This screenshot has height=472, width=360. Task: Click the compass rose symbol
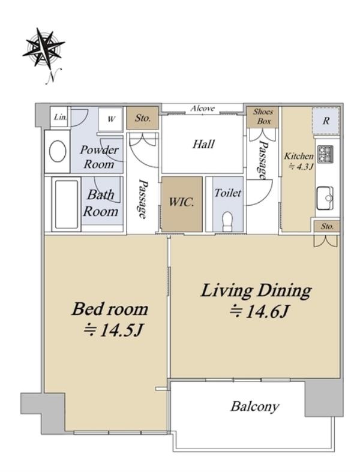point(44,47)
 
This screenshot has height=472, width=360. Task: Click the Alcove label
point(202,109)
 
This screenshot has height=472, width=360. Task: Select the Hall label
point(203,144)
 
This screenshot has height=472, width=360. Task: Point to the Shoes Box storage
point(263,116)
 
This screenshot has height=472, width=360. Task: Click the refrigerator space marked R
point(326,121)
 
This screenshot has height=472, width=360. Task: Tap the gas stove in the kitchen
point(325,154)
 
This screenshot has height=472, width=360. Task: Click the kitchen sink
point(325,198)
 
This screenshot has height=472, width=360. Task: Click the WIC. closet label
point(181,202)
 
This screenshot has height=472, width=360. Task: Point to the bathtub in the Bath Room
point(66,204)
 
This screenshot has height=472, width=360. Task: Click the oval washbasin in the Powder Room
point(58,151)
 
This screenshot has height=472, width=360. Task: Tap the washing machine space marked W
point(110,119)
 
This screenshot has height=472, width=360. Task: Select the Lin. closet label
point(60,117)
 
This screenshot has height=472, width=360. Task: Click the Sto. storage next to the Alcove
point(142,118)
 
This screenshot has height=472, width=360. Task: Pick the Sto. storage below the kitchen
point(327,226)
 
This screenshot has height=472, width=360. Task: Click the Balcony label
point(254,407)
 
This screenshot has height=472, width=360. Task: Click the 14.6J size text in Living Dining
point(260,311)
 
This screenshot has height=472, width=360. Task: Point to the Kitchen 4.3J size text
point(299,161)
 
